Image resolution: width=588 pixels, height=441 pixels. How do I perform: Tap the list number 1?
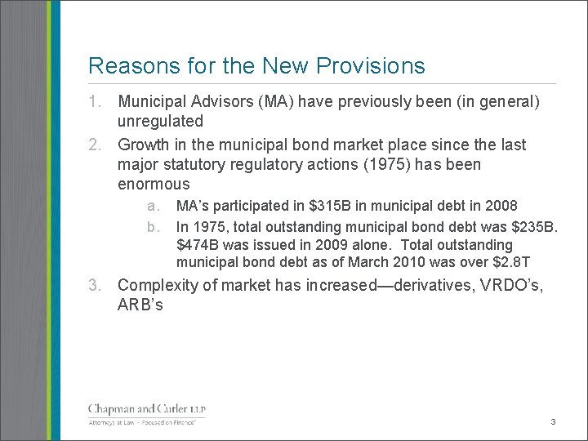96,102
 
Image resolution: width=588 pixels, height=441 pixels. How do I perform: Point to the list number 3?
96,286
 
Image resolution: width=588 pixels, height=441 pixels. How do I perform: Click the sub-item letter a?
153,206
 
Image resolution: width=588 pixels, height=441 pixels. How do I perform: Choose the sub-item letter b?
153,225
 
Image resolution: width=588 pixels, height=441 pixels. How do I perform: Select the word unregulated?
160,122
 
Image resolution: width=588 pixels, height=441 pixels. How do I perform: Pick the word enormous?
154,184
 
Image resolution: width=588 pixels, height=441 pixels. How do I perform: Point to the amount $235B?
533,225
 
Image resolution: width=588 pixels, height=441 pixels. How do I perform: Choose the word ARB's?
140,305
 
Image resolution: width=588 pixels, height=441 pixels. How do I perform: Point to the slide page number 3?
553,422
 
